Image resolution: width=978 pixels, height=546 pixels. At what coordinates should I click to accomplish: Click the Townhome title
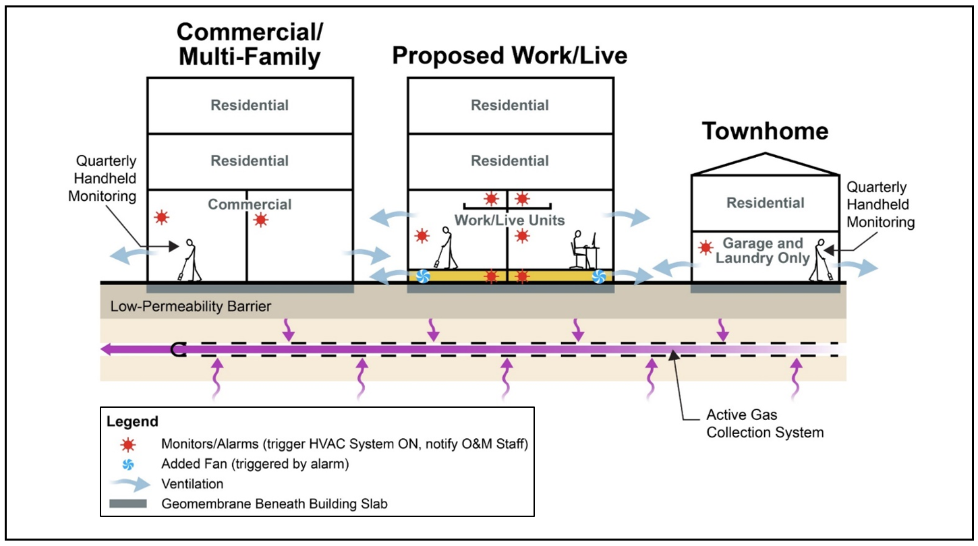[x=766, y=131]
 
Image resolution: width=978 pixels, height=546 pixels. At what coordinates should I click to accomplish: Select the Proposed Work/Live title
[x=510, y=55]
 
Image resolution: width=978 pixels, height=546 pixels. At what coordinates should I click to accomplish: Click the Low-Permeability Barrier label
[x=190, y=307]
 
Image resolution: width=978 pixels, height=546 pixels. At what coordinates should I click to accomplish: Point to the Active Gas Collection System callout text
[x=765, y=423]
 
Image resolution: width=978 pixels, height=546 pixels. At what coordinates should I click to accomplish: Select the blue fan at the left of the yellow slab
[x=423, y=276]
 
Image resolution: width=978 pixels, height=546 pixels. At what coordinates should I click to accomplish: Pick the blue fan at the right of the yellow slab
[x=598, y=276]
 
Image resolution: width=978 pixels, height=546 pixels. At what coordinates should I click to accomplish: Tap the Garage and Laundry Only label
[x=763, y=251]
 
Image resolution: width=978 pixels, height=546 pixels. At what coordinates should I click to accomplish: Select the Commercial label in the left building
[x=250, y=204]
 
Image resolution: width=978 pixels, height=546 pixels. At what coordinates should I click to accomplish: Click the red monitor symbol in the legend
[x=128, y=444]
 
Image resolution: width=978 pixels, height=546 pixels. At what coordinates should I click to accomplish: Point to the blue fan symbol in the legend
[x=128, y=464]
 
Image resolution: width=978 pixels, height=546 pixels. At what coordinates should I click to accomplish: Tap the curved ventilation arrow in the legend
[x=128, y=483]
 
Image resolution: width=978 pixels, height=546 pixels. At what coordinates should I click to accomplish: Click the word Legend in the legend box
[x=132, y=422]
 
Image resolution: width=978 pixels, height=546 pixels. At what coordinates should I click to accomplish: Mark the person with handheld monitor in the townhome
[x=820, y=259]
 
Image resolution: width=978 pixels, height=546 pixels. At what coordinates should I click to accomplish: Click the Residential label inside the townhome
[x=766, y=203]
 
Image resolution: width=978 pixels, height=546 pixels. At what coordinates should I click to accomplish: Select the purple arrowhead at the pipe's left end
[x=107, y=349]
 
